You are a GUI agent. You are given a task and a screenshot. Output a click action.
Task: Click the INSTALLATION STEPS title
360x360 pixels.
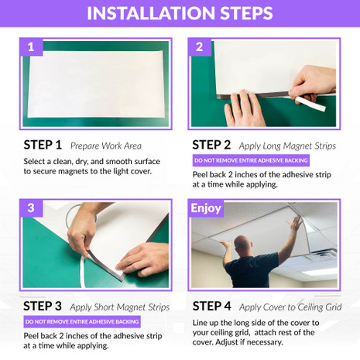[180, 13]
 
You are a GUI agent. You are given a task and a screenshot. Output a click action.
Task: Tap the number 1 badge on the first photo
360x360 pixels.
[31, 47]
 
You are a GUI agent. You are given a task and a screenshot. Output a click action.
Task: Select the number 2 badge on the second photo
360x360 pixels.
[200, 47]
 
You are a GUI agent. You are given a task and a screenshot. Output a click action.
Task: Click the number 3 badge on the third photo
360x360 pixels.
[31, 208]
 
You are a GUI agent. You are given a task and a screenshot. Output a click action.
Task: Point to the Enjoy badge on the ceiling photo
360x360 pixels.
[206, 208]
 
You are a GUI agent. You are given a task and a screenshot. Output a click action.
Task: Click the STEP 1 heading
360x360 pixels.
[43, 145]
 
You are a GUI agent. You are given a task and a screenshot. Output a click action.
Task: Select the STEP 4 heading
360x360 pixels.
[211, 306]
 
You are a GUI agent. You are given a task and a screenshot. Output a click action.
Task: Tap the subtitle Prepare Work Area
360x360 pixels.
[106, 146]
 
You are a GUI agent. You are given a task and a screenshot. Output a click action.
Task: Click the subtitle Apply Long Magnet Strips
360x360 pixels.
[287, 146]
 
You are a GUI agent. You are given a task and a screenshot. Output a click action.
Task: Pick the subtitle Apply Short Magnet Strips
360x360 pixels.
[119, 307]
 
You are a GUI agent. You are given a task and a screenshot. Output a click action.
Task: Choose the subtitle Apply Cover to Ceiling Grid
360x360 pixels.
[290, 307]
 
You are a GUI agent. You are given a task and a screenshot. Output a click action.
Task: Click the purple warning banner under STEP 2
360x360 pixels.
[251, 160]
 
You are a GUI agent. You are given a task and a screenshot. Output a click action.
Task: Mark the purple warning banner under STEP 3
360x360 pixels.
[82, 322]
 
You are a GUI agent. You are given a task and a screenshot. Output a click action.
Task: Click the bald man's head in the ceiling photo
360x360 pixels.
[243, 245]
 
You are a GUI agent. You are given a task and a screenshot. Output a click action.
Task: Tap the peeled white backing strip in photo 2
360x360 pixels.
[310, 103]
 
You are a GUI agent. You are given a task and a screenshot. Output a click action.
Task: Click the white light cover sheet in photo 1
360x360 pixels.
[95, 84]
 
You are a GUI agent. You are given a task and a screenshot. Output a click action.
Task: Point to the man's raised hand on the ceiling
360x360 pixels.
[296, 223]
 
